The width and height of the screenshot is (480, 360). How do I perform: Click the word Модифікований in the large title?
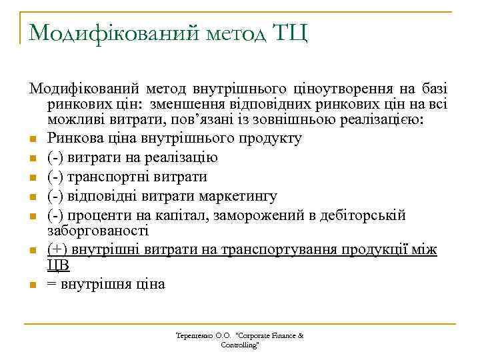coord(109,31)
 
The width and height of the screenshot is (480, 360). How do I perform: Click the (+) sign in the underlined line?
coord(56,250)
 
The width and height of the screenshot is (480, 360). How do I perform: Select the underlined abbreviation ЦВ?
coord(58,265)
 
